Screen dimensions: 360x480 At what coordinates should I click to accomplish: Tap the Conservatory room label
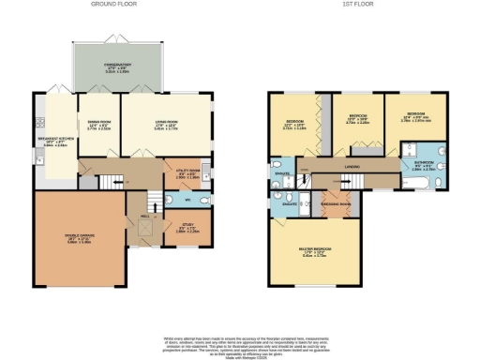click(x=117, y=66)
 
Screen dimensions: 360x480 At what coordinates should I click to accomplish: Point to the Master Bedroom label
click(x=315, y=251)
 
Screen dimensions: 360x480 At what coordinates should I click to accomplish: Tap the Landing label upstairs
click(x=352, y=168)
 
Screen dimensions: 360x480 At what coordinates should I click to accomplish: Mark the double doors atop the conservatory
click(x=118, y=42)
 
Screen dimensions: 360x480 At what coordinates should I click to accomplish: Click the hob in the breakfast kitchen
click(x=39, y=123)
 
